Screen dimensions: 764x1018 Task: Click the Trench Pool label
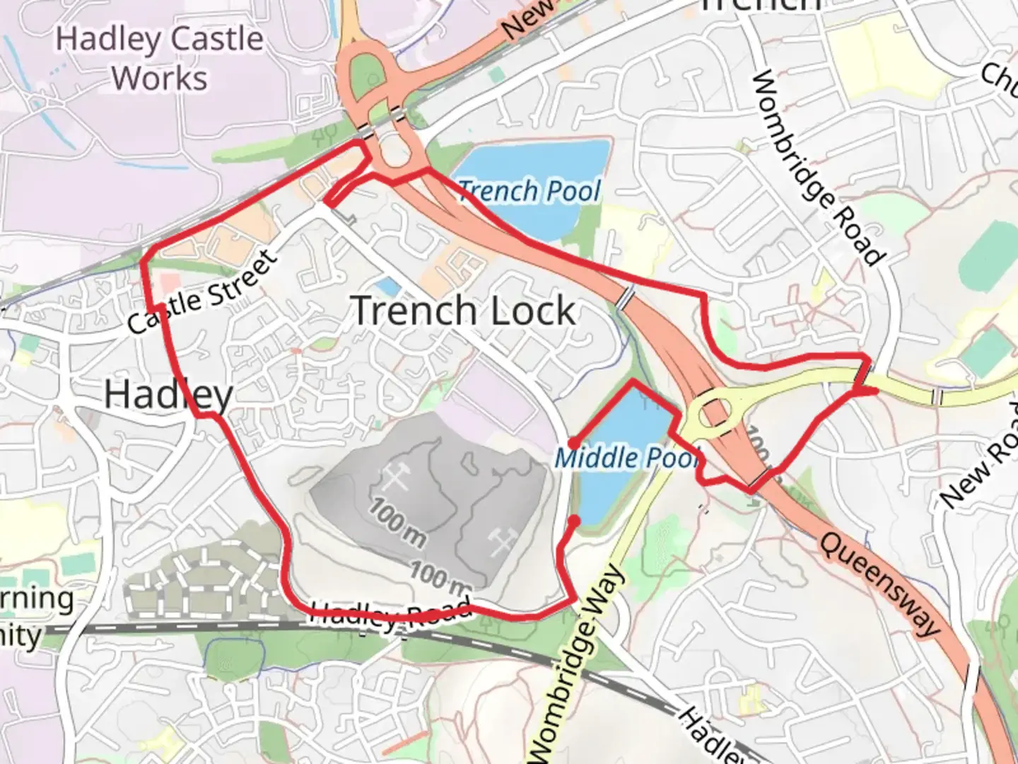[x=530, y=191]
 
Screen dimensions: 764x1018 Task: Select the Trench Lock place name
[x=463, y=311]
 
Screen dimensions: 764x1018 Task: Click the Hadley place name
[x=168, y=394]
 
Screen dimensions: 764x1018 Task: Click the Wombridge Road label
[x=818, y=168]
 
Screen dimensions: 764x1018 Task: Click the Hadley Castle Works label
[x=160, y=57]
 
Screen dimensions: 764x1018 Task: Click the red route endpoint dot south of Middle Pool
[x=575, y=521]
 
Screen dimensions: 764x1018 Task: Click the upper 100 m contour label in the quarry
[x=396, y=523]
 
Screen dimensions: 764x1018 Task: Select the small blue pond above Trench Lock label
[x=387, y=286]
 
